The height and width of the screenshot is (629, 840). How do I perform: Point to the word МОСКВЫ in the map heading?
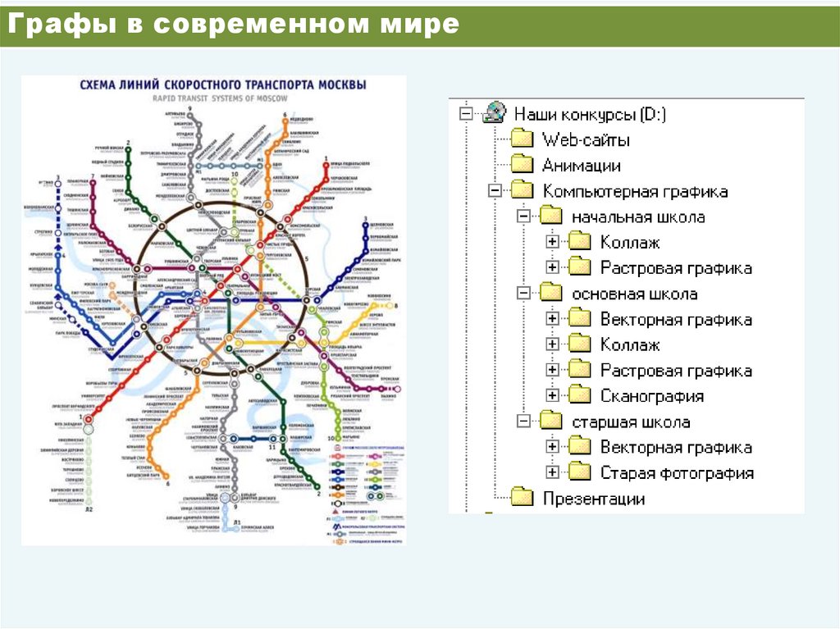click(x=339, y=85)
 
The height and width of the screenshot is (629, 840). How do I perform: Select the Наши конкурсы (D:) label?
click(x=590, y=114)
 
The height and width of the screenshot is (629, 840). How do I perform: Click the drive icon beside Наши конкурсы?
click(x=495, y=113)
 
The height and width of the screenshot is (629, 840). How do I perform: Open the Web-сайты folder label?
click(x=586, y=139)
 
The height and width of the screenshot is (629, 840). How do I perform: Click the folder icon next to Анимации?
click(x=523, y=165)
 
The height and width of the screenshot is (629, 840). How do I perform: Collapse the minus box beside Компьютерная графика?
click(x=494, y=191)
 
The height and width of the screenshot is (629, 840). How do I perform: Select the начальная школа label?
click(x=638, y=217)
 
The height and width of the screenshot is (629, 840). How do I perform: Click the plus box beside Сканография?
click(x=552, y=395)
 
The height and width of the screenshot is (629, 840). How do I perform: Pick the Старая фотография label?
click(x=677, y=473)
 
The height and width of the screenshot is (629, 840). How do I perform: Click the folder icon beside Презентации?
click(x=523, y=498)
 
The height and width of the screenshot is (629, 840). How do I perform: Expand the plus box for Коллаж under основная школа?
click(x=552, y=344)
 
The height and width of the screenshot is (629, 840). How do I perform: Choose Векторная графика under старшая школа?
click(x=676, y=447)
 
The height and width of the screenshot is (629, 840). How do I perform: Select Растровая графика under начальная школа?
click(x=676, y=268)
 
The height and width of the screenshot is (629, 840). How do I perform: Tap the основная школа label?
click(x=635, y=294)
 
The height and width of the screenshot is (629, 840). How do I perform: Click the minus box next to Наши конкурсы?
click(x=467, y=114)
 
